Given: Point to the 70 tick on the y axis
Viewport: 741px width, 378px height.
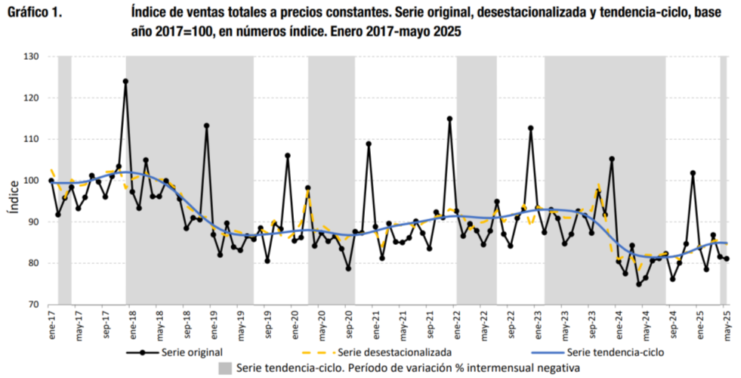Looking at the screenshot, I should pos(33,305).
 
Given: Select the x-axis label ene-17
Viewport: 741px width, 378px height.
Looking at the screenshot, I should pos(52,323).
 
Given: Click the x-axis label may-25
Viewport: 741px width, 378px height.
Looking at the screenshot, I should pos(726,323).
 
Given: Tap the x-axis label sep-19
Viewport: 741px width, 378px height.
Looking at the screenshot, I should pos(267,323).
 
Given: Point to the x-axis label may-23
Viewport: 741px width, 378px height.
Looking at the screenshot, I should pos(564,323).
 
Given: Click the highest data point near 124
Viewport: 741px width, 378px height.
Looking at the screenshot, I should pos(125,81).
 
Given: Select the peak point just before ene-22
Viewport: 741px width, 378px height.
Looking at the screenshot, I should pos(449,119).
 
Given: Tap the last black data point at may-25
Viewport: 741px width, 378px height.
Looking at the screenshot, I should pos(726,259).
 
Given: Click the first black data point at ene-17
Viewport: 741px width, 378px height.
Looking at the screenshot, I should pos(51,181).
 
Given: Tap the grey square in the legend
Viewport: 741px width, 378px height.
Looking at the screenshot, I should pos(225,368).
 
